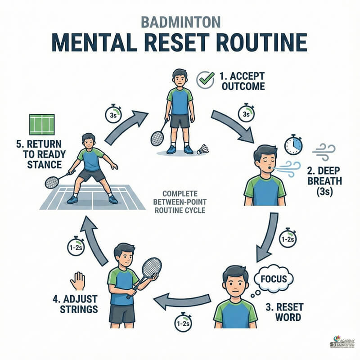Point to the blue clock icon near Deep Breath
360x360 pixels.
[x=293, y=145]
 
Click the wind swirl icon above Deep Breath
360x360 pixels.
[x=324, y=152]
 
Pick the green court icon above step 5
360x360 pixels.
[x=42, y=124]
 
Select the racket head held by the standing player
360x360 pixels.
[x=157, y=138]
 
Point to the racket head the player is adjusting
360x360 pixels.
[x=151, y=268]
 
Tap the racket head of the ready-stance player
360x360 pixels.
[x=52, y=182]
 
